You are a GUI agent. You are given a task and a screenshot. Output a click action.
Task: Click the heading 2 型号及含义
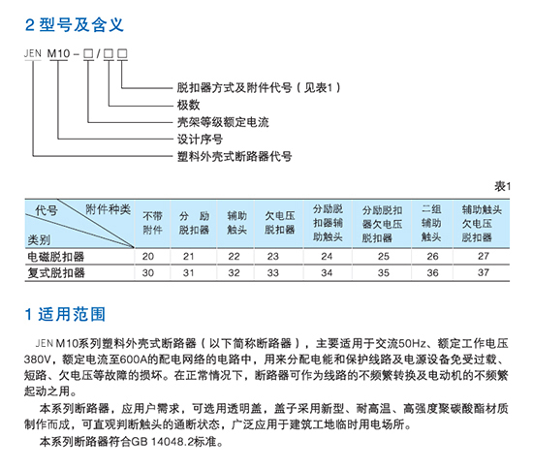[74, 25]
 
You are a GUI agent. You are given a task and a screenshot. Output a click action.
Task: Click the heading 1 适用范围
[65, 314]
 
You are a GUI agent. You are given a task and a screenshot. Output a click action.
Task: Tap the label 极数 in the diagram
[188, 105]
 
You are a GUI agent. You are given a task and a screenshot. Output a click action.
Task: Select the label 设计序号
[200, 140]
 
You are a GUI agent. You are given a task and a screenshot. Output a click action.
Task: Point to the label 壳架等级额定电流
[223, 122]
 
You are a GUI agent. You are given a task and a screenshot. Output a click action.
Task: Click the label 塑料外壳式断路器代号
[235, 157]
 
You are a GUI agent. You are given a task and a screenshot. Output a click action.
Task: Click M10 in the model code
[58, 53]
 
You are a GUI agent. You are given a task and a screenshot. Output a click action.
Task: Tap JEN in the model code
[33, 53]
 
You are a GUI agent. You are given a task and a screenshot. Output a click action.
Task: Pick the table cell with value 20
[148, 256]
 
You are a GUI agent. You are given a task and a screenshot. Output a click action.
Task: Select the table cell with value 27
[484, 256]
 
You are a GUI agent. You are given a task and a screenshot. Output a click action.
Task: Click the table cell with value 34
[327, 272]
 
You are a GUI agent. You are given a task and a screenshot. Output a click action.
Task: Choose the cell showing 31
[189, 272]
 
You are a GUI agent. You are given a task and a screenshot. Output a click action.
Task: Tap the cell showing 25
[384, 256]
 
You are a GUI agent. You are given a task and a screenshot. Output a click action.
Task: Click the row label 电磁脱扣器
[56, 257]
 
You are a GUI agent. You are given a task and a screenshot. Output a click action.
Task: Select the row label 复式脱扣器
[56, 273]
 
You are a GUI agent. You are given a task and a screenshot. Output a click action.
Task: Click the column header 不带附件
[152, 223]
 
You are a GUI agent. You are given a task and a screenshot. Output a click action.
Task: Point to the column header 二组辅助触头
[431, 223]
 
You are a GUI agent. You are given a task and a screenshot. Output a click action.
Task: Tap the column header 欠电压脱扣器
[280, 223]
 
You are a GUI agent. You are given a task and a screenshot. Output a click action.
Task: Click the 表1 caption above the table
[502, 186]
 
